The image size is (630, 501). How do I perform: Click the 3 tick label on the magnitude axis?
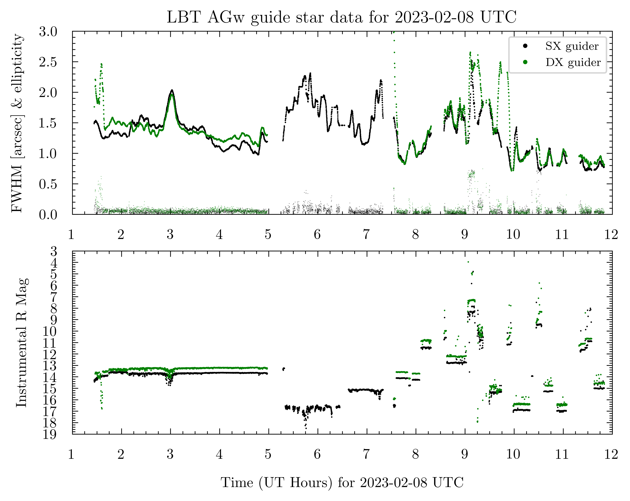pyautogui.click(x=54, y=251)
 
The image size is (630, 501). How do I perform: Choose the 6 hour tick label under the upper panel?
pyautogui.click(x=317, y=234)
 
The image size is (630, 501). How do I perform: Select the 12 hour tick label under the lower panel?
pyautogui.click(x=612, y=454)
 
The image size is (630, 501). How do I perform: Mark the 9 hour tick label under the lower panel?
pyautogui.click(x=465, y=454)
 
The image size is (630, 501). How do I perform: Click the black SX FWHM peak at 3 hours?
pyautogui.click(x=172, y=90)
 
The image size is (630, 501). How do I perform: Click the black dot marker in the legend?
pyautogui.click(x=525, y=46)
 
